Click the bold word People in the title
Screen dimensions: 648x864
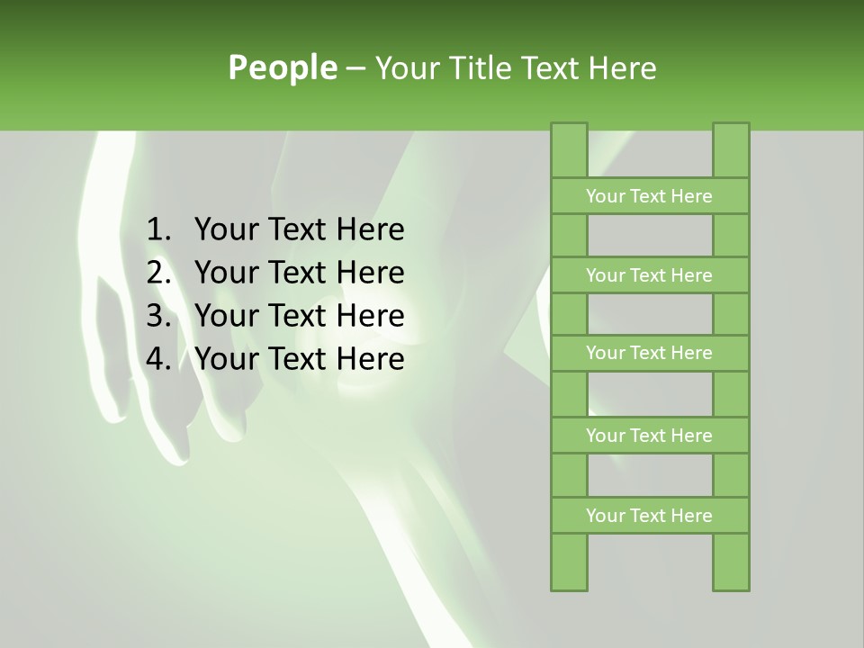[x=282, y=67]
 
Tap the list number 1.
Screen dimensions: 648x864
[x=157, y=230]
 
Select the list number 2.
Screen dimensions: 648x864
[x=157, y=273]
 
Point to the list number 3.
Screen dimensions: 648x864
[x=157, y=316]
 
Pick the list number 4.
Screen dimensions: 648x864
[x=157, y=359]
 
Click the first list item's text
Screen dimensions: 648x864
[x=299, y=230]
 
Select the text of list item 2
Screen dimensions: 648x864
[x=299, y=273]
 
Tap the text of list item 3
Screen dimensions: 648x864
[x=299, y=316]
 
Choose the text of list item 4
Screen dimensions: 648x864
[x=299, y=359]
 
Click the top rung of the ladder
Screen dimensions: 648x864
[x=649, y=196]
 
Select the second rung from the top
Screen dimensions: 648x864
[x=649, y=275]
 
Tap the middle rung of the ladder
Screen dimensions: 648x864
[x=649, y=353]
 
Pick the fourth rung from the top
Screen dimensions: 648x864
[x=649, y=436]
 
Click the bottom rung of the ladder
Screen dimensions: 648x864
[x=649, y=516]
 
